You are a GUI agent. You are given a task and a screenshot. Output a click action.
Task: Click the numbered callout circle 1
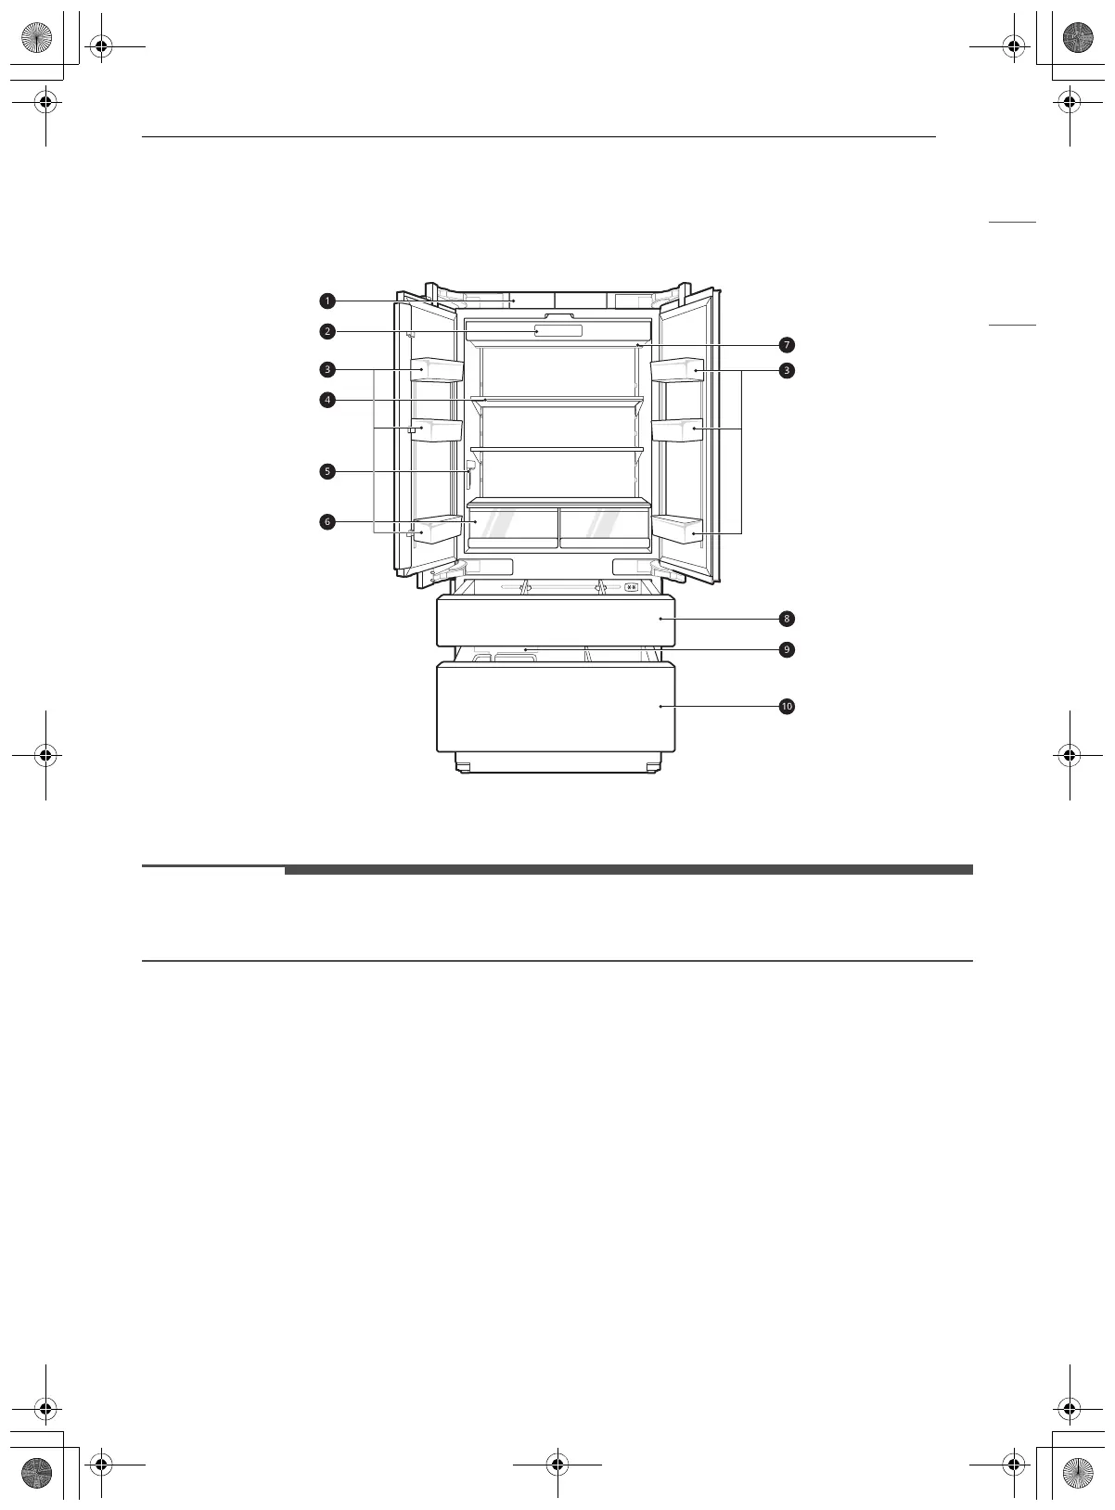coord(327,301)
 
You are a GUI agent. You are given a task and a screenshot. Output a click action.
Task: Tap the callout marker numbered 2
coord(327,331)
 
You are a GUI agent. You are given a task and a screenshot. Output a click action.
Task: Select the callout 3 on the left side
coord(327,370)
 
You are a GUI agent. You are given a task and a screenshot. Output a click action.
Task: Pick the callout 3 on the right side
coord(787,370)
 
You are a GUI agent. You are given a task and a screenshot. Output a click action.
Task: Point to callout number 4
coord(327,400)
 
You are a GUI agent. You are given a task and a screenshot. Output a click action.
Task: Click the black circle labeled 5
coord(327,471)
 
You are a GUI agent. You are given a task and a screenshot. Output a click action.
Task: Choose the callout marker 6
coord(327,522)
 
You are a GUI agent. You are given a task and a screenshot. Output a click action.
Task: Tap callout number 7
coord(787,345)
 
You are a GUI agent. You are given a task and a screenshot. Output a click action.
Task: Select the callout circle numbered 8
coord(787,619)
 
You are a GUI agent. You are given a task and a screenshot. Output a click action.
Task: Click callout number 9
coord(787,649)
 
